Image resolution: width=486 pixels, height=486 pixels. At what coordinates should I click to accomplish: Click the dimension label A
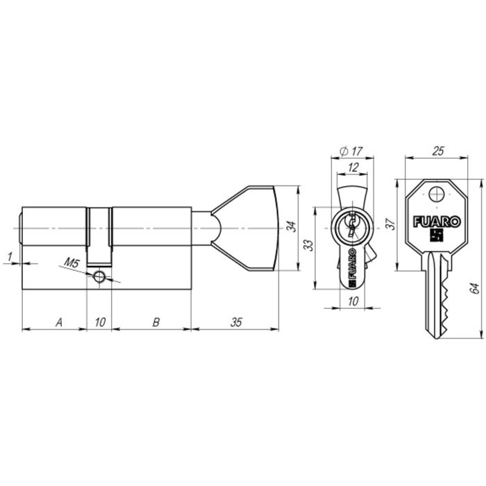point(59,321)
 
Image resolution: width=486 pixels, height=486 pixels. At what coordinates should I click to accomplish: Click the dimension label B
point(156,321)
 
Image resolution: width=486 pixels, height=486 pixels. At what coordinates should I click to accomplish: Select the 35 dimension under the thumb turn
point(236,321)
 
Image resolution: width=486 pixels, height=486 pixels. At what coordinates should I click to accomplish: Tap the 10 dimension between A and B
point(100,321)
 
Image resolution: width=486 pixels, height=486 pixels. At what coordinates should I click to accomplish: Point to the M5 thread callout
point(72,262)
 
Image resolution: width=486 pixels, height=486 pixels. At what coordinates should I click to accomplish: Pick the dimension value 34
point(292,227)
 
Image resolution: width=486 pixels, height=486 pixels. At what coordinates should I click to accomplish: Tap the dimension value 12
point(353,167)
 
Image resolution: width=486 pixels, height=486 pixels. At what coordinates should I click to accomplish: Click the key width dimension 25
point(438,151)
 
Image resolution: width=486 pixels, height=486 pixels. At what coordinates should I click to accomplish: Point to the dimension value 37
point(390,224)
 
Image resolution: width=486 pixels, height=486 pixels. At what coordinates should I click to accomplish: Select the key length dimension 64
point(475,288)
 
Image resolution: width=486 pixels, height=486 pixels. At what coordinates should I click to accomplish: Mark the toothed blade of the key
point(439,295)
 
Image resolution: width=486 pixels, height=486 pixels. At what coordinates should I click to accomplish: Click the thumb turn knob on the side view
point(250,227)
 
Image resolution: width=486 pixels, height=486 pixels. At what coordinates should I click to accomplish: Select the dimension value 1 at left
point(9,258)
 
